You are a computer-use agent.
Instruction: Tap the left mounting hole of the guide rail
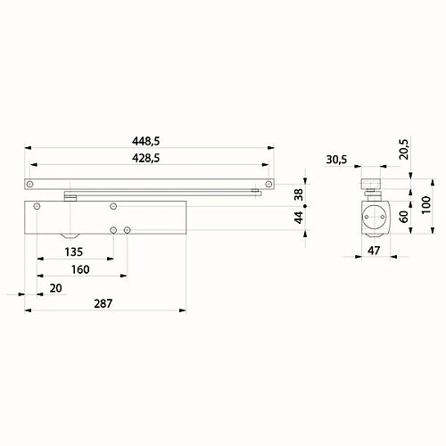(x=31, y=185)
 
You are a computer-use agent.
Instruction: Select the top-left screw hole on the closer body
(x=37, y=207)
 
